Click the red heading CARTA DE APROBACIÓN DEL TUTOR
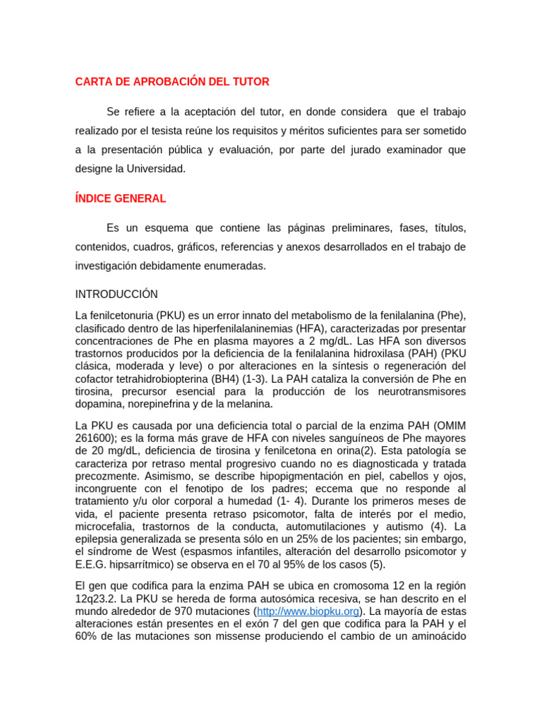click(x=172, y=82)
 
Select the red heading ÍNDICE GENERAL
click(x=121, y=199)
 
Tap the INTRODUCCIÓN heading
click(x=116, y=294)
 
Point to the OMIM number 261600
click(x=96, y=438)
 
